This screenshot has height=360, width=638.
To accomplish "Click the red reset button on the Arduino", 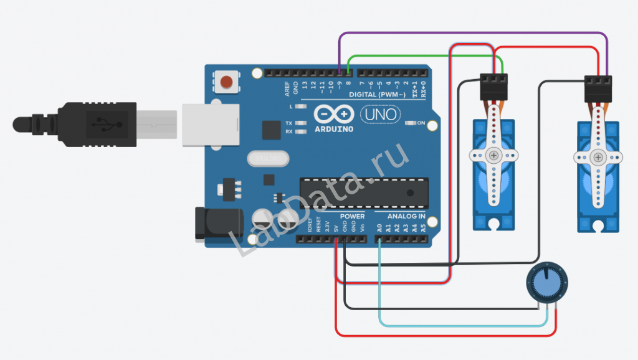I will (228, 82).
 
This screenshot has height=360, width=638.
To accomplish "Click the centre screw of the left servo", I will (493, 155).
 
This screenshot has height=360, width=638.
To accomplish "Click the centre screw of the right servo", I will (598, 158).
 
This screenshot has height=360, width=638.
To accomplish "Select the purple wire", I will (474, 34).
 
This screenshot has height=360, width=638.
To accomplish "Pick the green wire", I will (424, 55).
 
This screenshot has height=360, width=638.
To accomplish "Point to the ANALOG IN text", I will (406, 217).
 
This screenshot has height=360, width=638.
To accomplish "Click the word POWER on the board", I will (352, 217).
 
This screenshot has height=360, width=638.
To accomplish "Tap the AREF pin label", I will (287, 88).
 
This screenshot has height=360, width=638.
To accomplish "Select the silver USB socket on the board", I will (211, 125).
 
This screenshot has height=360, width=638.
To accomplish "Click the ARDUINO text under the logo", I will (333, 129).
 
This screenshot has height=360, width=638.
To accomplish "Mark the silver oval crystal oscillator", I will (268, 159).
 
